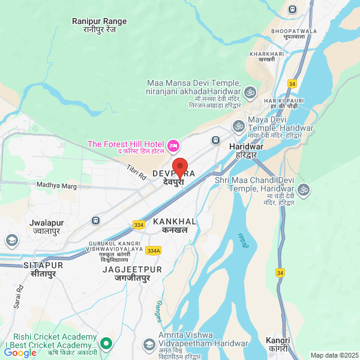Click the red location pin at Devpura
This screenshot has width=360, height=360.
coord(180,167)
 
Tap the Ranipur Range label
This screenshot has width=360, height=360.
coord(100,25)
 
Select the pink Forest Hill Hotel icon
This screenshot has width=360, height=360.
coord(173,145)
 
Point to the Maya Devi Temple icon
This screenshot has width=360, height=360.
coord(238,126)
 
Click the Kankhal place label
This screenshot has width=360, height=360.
coord(175,226)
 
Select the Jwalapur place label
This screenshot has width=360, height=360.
coord(46,226)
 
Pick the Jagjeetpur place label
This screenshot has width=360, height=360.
coord(132,274)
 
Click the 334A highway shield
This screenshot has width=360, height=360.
coord(154,250)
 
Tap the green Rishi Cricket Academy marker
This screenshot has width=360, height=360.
coord(106,344)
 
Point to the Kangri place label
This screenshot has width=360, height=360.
coord(277,344)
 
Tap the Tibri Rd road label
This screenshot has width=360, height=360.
coord(137,173)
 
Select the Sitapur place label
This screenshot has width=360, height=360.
coord(43,269)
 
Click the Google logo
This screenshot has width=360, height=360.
coord(20,353)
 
